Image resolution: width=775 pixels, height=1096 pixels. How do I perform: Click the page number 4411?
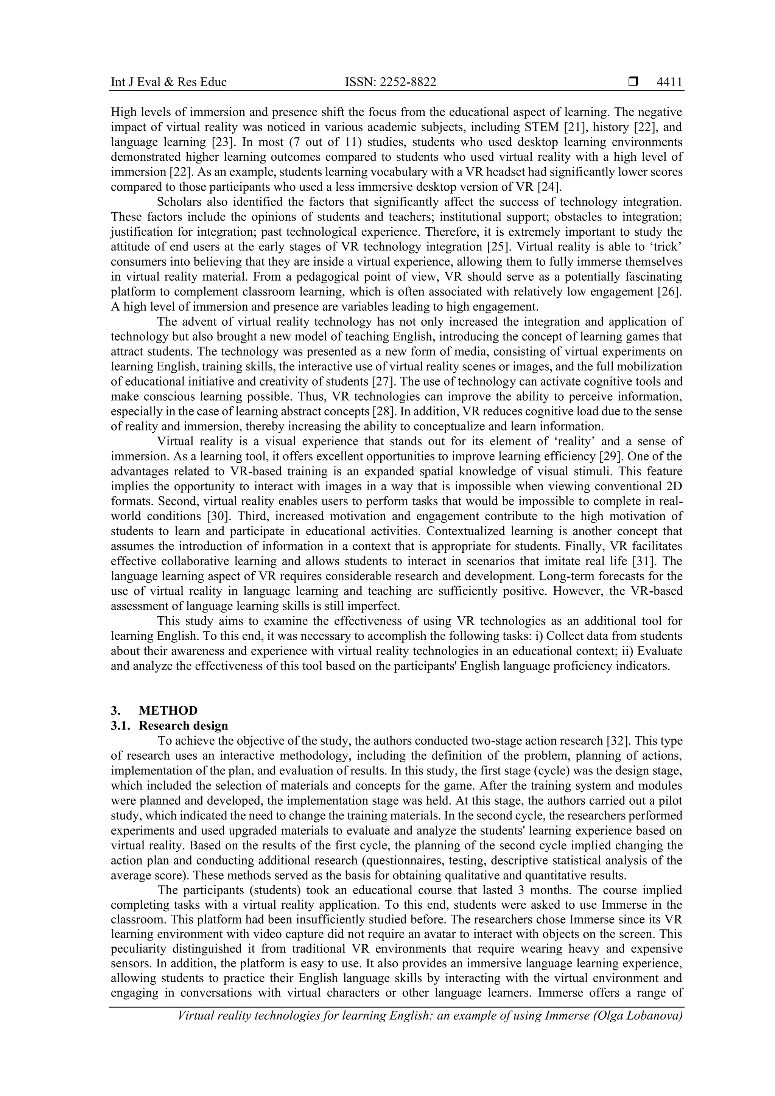669,82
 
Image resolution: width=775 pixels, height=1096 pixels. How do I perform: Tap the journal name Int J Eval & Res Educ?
168,82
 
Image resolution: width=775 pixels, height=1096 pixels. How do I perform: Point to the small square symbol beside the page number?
633,82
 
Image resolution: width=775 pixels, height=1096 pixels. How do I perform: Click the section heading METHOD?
168,711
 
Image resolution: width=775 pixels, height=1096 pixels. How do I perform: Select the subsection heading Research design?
184,726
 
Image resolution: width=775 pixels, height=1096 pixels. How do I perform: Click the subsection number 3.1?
120,726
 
